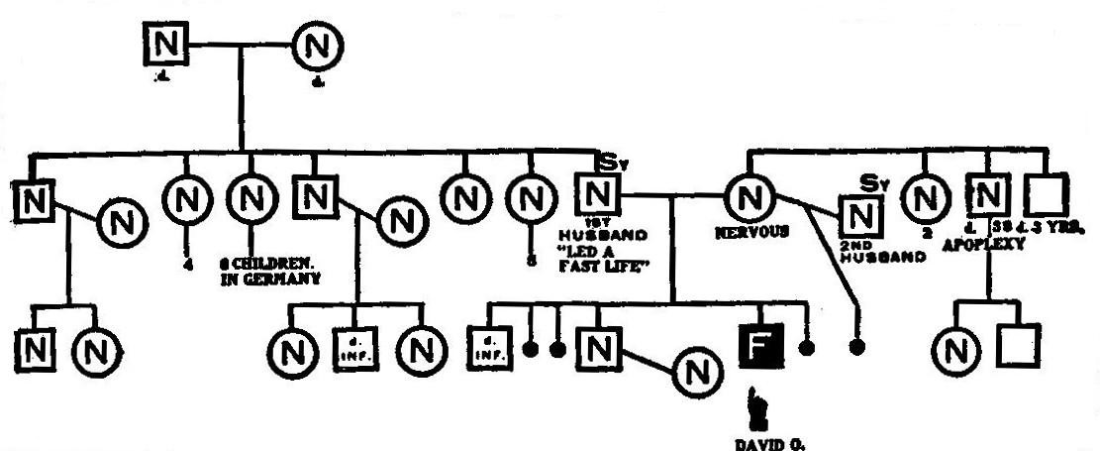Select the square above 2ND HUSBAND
coord(859,214)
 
